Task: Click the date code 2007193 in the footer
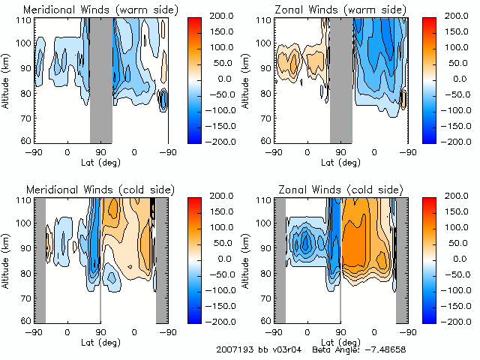[x=232, y=350]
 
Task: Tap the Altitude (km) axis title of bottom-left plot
[x=7, y=259]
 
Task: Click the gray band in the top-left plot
[x=101, y=79]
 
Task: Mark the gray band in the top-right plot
[x=341, y=79]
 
